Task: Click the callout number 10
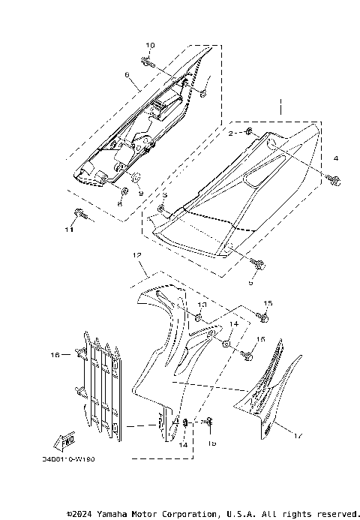click(x=149, y=47)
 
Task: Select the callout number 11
click(x=68, y=230)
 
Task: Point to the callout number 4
click(x=336, y=158)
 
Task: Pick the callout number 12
click(x=137, y=256)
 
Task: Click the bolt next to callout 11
click(x=83, y=216)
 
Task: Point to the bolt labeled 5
click(x=259, y=265)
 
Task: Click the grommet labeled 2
click(x=251, y=137)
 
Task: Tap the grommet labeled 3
click(x=163, y=207)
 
